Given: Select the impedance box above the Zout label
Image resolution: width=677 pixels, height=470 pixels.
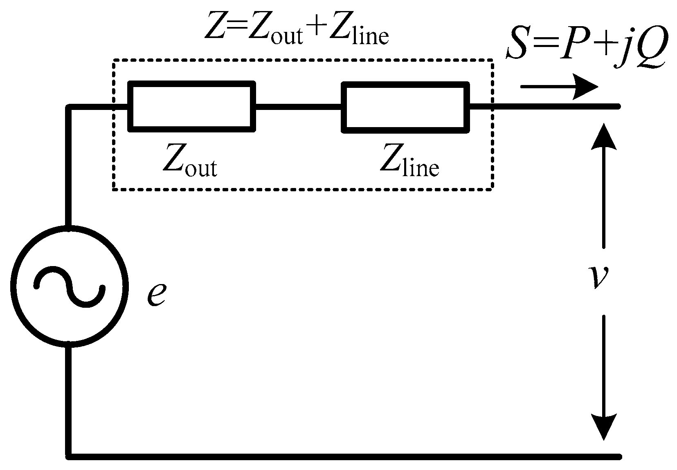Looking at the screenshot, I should coord(192,106).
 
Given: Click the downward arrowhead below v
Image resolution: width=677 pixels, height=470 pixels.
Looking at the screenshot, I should coord(603,427).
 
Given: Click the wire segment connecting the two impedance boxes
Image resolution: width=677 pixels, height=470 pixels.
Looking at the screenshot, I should coord(299,107).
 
